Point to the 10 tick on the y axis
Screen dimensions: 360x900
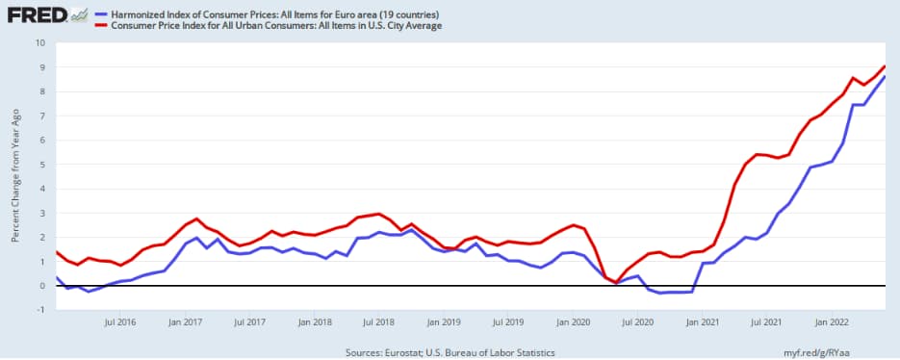[40, 42]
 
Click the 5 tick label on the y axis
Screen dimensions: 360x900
[42, 164]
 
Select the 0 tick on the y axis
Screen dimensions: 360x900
[42, 286]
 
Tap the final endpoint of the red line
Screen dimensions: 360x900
[886, 65]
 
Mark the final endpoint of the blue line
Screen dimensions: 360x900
[886, 76]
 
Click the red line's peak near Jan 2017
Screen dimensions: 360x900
[196, 219]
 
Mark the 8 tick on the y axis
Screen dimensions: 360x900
[42, 90]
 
